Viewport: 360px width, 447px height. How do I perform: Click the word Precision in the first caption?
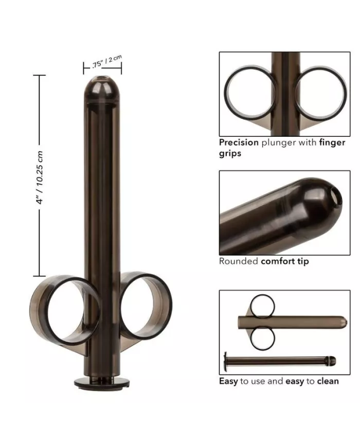(239, 142)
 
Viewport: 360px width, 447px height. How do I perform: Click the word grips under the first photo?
(230, 153)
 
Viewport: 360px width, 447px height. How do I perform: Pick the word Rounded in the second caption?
(239, 261)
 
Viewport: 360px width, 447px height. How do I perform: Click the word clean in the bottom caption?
(327, 381)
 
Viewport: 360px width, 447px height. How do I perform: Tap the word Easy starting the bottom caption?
(228, 381)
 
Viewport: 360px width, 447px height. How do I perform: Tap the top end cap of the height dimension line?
(40, 75)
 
